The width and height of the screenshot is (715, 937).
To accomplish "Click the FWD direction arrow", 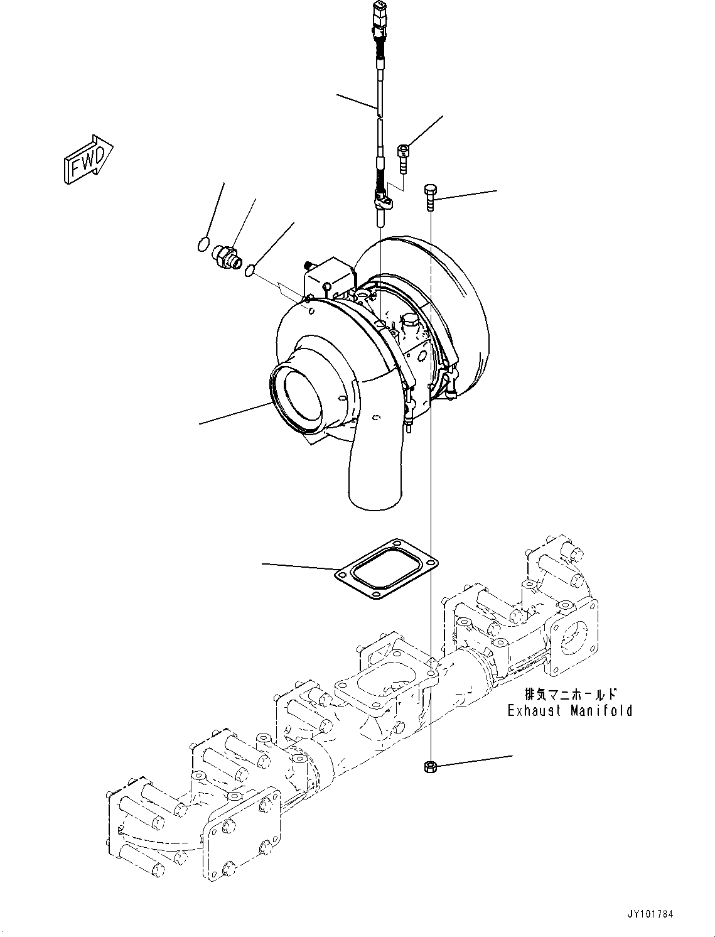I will pos(88,161).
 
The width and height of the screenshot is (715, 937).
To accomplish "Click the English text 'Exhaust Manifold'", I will pos(569,711).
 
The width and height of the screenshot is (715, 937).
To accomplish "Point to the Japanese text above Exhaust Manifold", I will pos(571,695).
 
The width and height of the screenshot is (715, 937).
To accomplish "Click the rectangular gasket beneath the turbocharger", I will pos(384,568).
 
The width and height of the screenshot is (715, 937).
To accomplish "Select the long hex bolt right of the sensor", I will pos(430,196).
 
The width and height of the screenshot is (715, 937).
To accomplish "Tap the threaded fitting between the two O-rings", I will pos(226,256).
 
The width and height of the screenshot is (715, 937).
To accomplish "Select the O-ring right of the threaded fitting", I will pos(250,270).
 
